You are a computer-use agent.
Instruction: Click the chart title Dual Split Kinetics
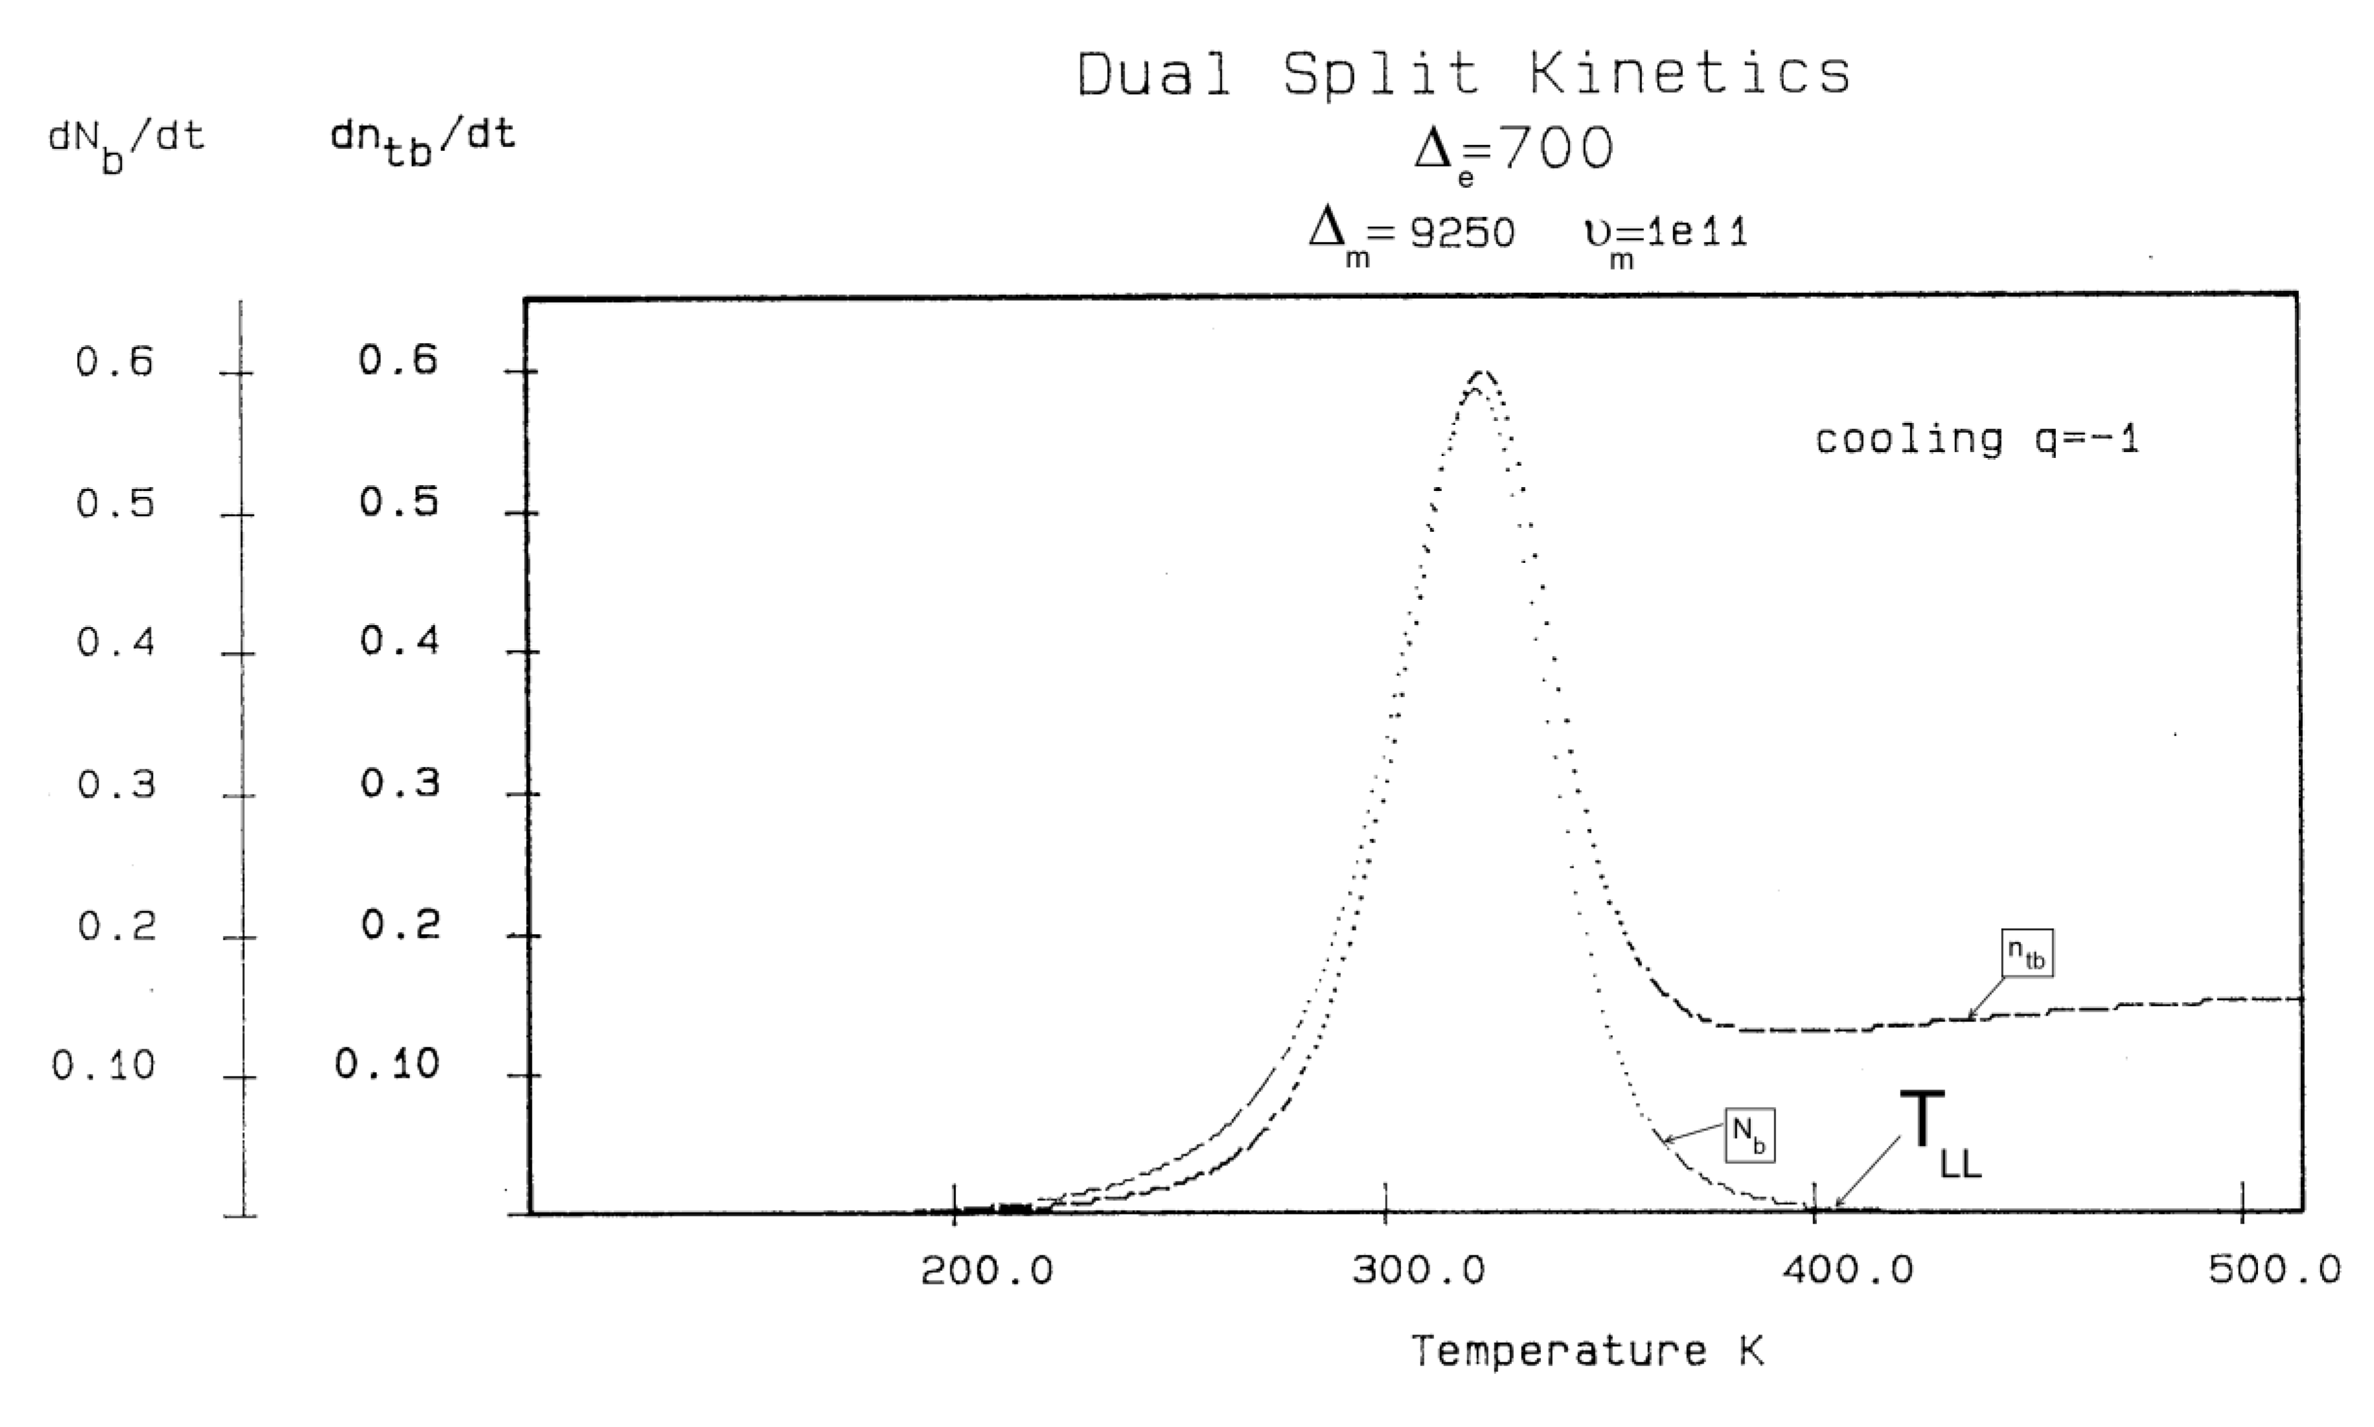(1463, 73)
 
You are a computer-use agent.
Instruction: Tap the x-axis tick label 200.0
(987, 1272)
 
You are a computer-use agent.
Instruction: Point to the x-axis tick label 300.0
(1417, 1272)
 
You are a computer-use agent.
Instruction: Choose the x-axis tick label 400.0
(1847, 1272)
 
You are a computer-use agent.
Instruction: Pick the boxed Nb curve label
(1749, 1135)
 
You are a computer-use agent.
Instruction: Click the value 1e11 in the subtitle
(1697, 232)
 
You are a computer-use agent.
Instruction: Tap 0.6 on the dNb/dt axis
(115, 363)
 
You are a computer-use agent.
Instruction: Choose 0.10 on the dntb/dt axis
(387, 1064)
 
